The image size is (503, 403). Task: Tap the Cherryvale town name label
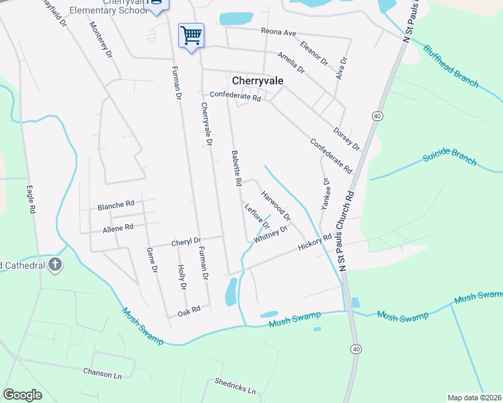point(258,80)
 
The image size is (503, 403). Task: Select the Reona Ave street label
point(279,32)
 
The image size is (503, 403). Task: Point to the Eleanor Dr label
point(314,52)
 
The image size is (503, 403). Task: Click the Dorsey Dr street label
point(347,139)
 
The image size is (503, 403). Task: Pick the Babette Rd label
point(237,168)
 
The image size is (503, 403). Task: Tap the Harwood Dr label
point(276,206)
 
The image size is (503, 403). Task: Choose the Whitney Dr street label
point(270,234)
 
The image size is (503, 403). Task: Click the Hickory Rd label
point(315,242)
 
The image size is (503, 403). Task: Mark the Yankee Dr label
point(325,195)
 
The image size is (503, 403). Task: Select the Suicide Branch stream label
point(449,160)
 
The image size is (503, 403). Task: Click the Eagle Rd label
point(30,199)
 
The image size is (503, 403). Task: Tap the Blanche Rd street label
point(116,204)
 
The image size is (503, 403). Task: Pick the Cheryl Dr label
point(186,242)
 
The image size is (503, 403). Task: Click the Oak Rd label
point(189,310)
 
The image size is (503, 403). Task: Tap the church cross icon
point(55,265)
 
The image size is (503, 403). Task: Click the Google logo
point(22,395)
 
